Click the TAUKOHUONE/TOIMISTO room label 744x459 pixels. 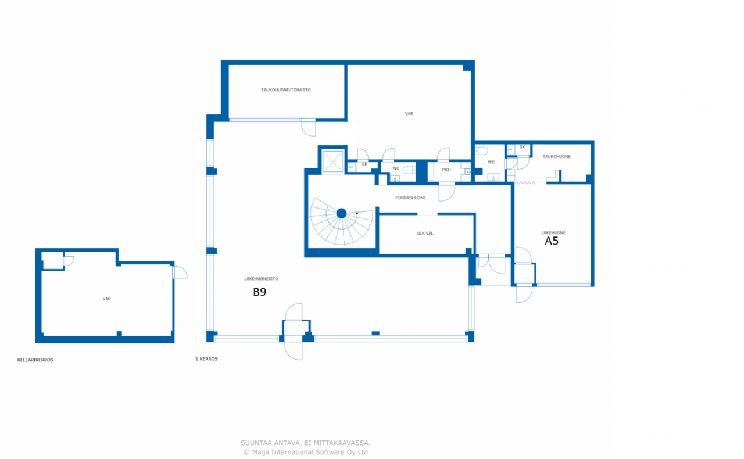(x=286, y=89)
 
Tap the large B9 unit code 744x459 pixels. (x=260, y=292)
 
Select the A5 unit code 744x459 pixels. (x=552, y=241)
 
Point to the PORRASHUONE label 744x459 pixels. (x=410, y=198)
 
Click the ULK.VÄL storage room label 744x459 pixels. (x=425, y=234)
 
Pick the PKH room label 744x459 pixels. (x=446, y=170)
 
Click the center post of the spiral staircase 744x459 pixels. (x=341, y=214)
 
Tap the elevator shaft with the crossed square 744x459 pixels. (x=333, y=162)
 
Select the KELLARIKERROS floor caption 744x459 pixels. (x=35, y=360)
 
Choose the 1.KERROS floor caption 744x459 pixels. (x=206, y=359)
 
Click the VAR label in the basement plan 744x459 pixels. (x=106, y=299)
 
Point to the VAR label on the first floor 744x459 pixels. (x=409, y=113)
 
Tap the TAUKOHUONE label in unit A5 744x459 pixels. (x=557, y=156)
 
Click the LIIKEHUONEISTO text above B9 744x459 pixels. (x=261, y=279)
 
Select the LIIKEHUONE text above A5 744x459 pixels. (x=553, y=233)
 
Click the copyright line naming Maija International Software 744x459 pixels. (x=306, y=452)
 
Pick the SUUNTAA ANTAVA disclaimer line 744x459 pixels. (x=306, y=443)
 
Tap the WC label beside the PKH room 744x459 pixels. (x=396, y=168)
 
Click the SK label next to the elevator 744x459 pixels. (x=364, y=164)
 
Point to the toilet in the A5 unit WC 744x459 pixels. (x=481, y=151)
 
